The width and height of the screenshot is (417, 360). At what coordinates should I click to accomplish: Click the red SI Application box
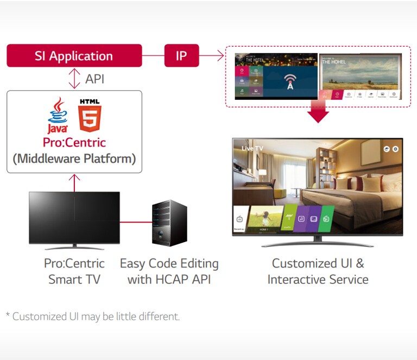click(x=74, y=56)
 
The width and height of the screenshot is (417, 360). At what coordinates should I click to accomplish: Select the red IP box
click(x=181, y=56)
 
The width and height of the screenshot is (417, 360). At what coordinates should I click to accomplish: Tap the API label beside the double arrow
click(x=94, y=79)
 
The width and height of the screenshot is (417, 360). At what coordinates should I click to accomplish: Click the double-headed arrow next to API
click(x=74, y=79)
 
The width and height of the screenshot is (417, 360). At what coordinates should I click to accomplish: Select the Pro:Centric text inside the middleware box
click(x=74, y=143)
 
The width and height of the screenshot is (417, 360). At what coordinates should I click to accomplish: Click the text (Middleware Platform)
click(x=74, y=159)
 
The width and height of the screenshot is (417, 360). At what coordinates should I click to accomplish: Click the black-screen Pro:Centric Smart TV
click(x=74, y=217)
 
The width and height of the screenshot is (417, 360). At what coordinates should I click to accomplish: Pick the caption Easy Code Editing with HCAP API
click(x=169, y=271)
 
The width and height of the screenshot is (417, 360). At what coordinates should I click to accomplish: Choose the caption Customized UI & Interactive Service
click(x=318, y=271)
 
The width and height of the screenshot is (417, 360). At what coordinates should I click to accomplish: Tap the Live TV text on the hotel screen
click(x=252, y=148)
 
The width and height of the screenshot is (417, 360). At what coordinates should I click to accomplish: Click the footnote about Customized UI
click(x=92, y=316)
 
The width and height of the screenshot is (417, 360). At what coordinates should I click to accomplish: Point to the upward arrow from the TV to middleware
click(x=74, y=182)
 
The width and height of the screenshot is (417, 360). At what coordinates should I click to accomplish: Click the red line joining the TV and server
click(x=135, y=222)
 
